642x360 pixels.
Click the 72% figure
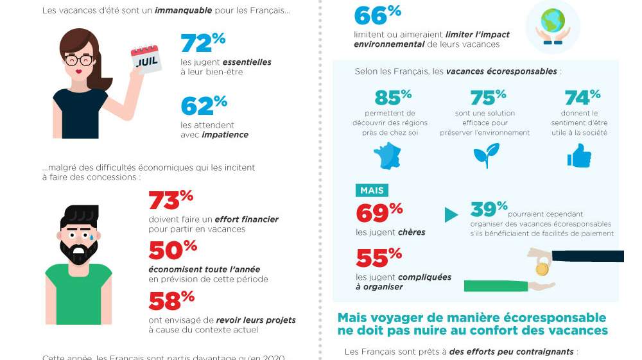[x=203, y=43]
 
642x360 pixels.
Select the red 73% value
[x=171, y=200]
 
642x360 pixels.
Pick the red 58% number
[x=171, y=301]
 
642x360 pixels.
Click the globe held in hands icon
[x=552, y=26]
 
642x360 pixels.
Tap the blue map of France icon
[x=390, y=155]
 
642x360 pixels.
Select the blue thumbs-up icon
[x=579, y=155]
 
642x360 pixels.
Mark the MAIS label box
[x=372, y=191]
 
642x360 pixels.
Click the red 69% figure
[x=379, y=212]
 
